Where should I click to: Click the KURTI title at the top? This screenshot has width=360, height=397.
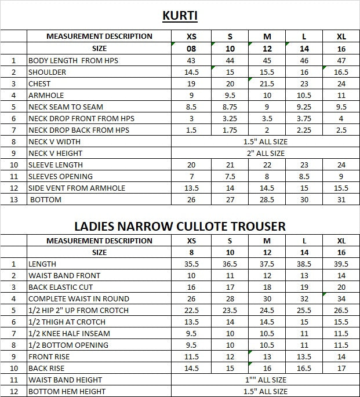click(180, 15)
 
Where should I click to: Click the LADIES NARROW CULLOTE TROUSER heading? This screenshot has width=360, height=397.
click(180, 225)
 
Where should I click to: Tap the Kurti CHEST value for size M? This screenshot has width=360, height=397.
click(267, 83)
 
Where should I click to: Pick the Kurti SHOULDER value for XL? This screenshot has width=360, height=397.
click(341, 72)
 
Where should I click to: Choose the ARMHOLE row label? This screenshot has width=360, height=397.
click(46, 95)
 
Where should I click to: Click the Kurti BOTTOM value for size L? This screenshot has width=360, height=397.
click(304, 199)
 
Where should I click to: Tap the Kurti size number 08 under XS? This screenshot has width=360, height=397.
click(191, 49)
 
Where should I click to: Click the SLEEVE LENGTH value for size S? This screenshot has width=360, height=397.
click(230, 165)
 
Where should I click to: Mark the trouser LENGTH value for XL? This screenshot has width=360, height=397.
click(341, 264)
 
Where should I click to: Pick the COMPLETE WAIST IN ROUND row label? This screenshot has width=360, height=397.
click(79, 298)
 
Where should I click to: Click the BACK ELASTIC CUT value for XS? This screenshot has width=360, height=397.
click(191, 287)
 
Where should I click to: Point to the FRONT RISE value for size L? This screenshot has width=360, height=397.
click(304, 356)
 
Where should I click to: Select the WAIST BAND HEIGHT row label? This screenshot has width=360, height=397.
click(65, 380)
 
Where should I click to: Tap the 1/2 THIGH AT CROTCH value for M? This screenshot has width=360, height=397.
click(267, 322)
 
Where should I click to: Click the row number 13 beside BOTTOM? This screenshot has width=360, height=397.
click(13, 199)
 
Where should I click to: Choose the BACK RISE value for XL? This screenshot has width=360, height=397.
click(341, 368)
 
